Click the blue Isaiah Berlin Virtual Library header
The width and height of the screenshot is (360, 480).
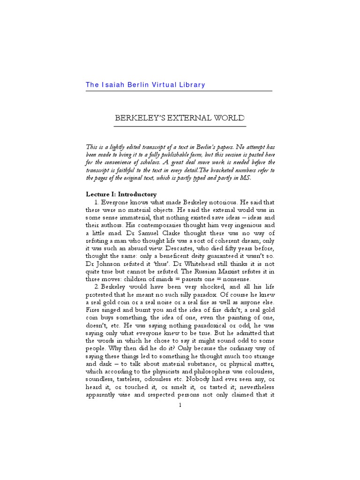tap(145, 85)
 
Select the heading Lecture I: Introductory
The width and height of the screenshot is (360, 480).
tap(121, 194)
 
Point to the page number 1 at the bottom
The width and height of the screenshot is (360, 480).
tap(180, 405)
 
